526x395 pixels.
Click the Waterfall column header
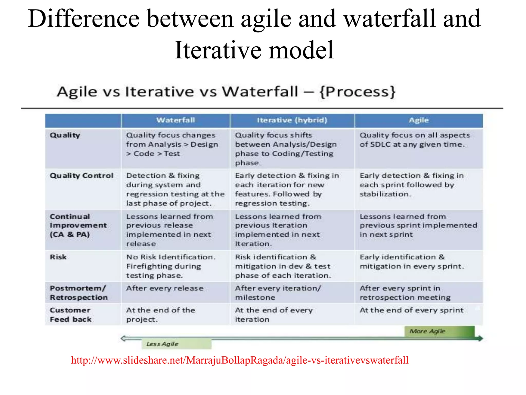pos(176,120)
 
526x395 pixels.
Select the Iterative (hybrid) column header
pos(292,120)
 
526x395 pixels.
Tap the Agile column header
pos(419,120)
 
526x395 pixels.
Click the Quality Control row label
pos(81,176)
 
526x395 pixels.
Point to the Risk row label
pos(58,257)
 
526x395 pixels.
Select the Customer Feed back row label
pos(71,315)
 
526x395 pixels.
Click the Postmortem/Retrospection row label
pos(79,293)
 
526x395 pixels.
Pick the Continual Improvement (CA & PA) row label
pos(78,226)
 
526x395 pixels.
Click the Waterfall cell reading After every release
pos(165,288)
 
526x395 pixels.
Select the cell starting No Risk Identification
pos(171,266)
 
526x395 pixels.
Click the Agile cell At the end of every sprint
pos(411,310)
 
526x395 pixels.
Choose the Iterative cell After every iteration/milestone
pos(278,293)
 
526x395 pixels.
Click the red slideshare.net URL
pos(240,360)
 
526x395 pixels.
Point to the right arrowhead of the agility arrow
pos(480,338)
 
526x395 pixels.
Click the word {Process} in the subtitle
pos(357,92)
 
